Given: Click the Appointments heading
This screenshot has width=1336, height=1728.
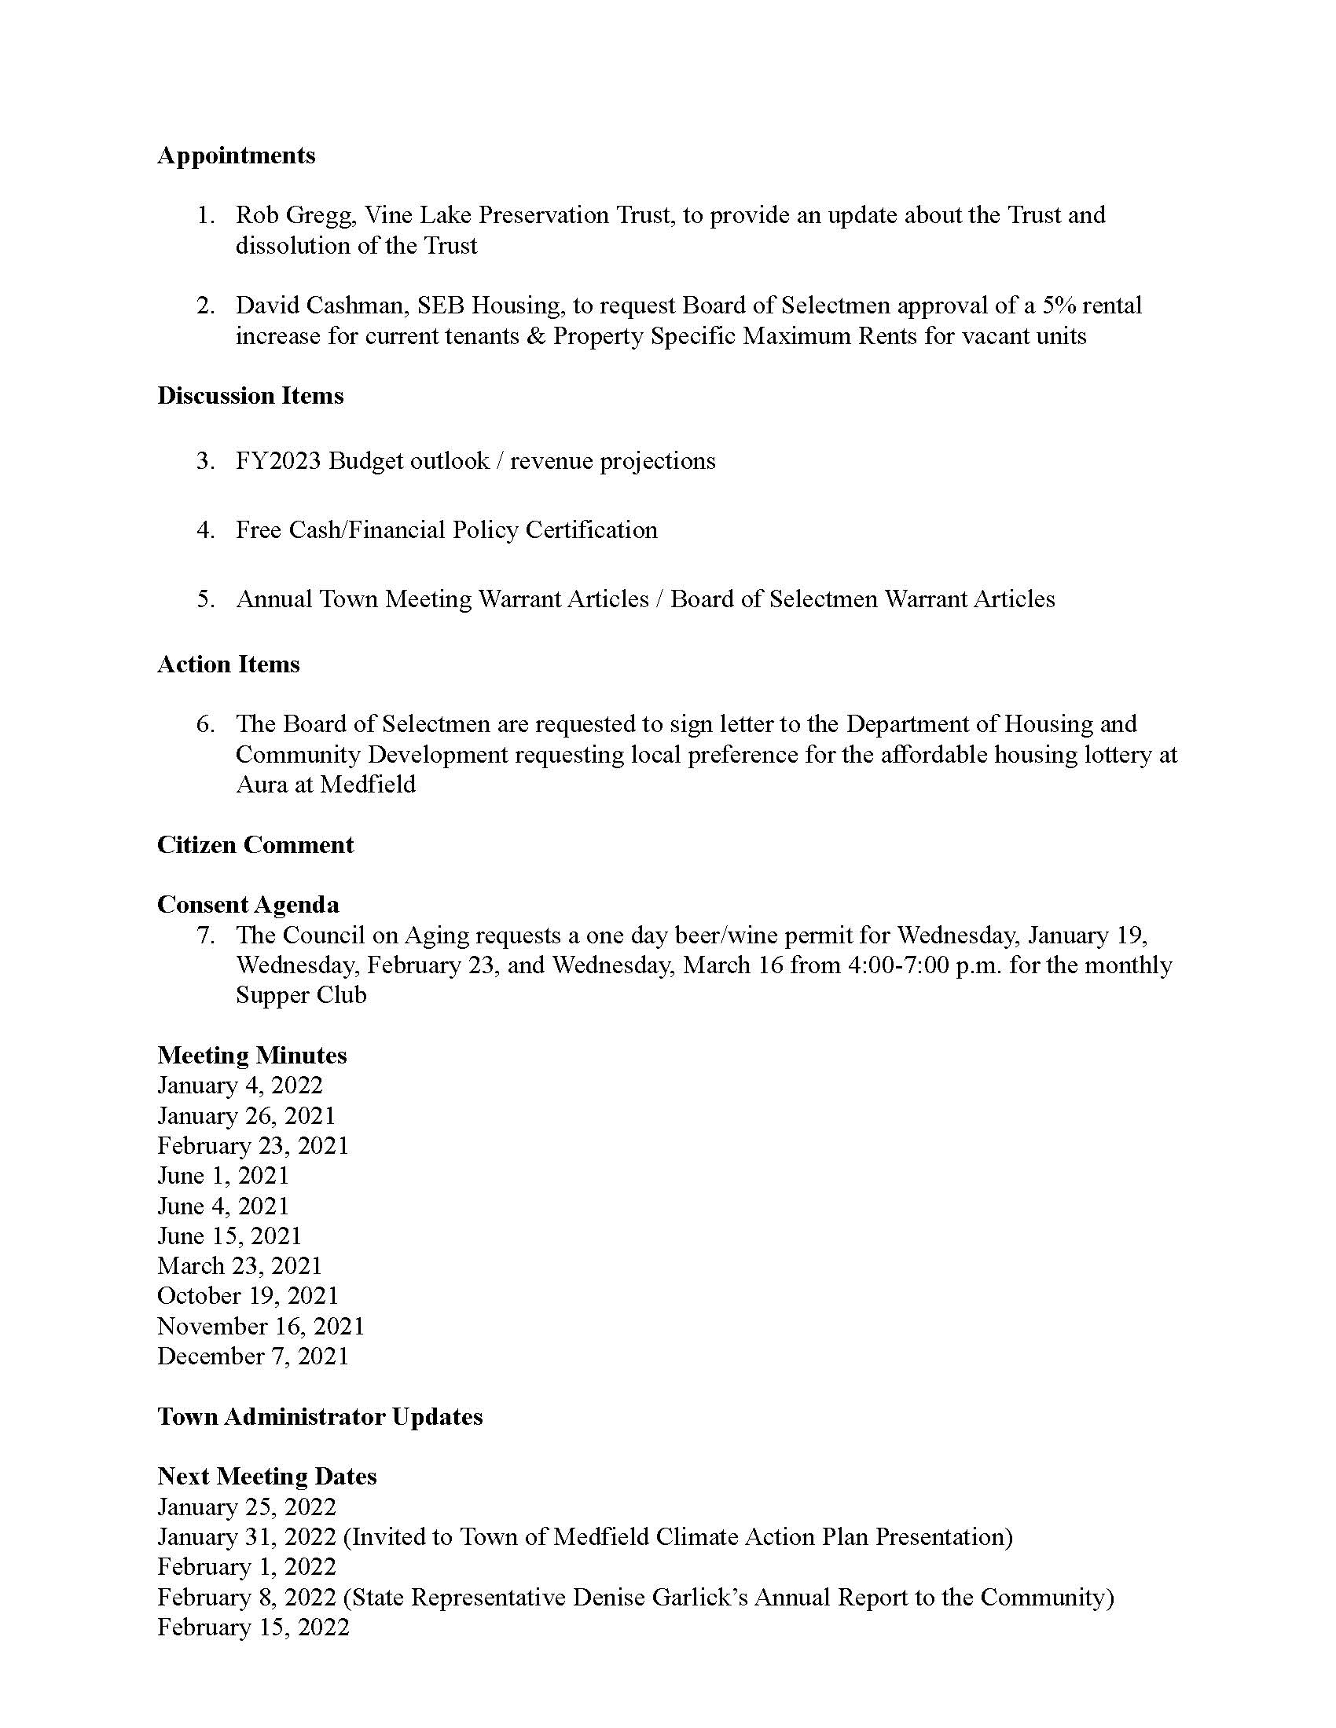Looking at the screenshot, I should [x=236, y=156].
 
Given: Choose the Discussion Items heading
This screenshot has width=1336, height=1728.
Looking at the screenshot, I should [x=250, y=396].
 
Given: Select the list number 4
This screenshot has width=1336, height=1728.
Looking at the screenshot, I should [x=206, y=530].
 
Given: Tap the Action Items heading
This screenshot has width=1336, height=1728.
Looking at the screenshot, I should [x=228, y=664].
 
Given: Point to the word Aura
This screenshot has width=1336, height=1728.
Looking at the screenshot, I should [x=261, y=785].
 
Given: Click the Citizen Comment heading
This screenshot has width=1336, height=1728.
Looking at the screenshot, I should [x=255, y=845].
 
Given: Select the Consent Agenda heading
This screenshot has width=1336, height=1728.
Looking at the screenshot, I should [x=248, y=904].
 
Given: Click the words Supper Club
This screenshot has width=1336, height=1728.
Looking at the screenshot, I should [x=301, y=995].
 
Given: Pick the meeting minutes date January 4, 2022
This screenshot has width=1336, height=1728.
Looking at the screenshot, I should [x=240, y=1085].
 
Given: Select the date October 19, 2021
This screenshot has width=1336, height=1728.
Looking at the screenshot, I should [x=248, y=1296].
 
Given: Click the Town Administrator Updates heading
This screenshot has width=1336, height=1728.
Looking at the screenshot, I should [x=320, y=1416].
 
